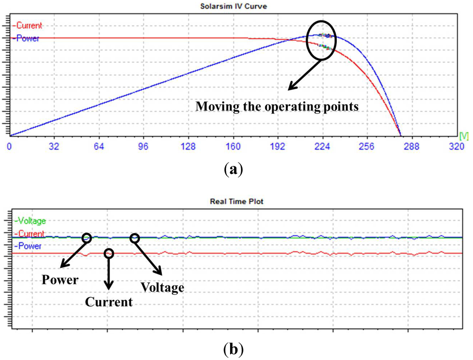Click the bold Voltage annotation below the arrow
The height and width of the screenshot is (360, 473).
click(162, 287)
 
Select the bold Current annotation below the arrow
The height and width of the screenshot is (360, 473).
click(109, 302)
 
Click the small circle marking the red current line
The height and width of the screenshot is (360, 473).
click(109, 253)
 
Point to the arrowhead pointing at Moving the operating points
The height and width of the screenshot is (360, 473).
click(290, 88)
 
